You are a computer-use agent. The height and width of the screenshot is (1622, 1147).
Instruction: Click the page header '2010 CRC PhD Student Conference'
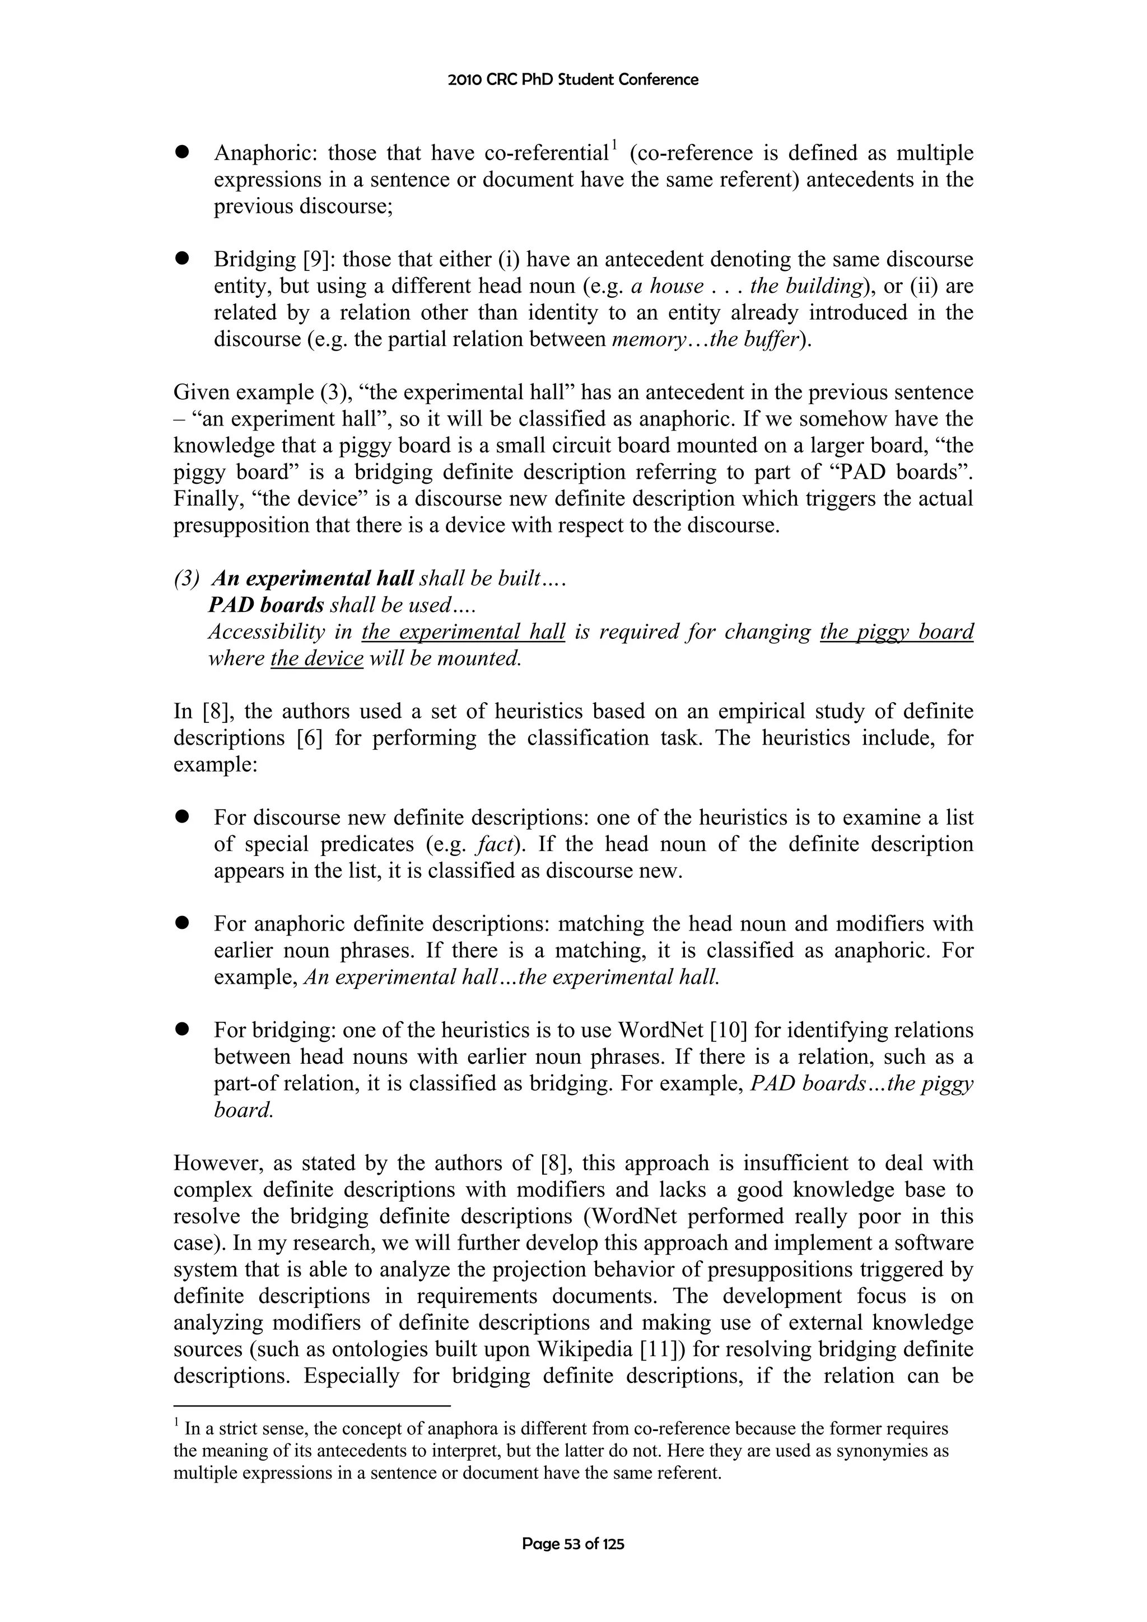[573, 80]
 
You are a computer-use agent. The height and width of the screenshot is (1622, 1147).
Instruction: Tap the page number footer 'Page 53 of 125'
[573, 1544]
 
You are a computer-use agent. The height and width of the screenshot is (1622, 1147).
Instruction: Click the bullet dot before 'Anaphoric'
[183, 153]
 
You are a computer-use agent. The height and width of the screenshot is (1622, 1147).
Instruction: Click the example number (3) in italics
[186, 578]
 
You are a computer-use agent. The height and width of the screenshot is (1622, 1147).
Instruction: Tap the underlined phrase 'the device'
[316, 658]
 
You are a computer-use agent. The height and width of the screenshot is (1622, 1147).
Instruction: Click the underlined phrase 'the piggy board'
[896, 632]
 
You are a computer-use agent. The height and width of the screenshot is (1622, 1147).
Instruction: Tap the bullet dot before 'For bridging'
[183, 1030]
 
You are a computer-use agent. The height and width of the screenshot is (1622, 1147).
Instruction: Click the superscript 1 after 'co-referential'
[615, 146]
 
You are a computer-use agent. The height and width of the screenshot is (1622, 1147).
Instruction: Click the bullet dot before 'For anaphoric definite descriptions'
[183, 923]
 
